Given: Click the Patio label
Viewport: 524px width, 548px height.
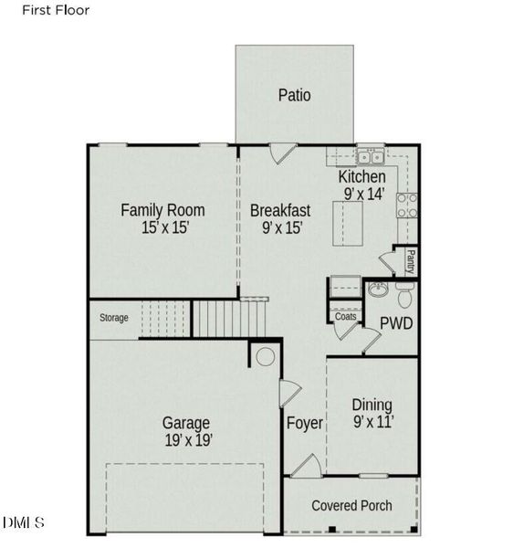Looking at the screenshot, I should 294,95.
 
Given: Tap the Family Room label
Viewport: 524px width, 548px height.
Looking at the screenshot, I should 162,210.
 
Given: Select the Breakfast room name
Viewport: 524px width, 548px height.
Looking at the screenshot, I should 280,210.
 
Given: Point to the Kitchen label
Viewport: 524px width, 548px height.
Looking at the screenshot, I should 362,176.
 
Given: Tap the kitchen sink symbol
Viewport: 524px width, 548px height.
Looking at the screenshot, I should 370,154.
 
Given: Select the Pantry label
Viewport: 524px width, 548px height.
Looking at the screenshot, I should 411,262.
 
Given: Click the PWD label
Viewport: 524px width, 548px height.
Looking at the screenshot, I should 396,322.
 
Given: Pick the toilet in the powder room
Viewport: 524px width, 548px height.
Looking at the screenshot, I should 405,295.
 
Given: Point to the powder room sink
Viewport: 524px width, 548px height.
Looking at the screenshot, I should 377,290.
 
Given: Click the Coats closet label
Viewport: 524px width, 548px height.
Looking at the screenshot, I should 345,317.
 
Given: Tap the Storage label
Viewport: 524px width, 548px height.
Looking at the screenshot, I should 114,318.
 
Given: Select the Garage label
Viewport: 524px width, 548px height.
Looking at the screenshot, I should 186,423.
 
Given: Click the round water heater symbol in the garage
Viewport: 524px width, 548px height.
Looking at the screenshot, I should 265,355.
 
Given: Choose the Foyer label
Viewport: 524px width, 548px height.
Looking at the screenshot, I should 305,423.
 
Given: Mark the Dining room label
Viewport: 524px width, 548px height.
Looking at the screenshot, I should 372,405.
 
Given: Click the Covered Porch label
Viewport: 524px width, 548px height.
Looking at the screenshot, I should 351,505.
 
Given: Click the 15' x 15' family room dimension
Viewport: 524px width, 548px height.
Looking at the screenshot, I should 165,228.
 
